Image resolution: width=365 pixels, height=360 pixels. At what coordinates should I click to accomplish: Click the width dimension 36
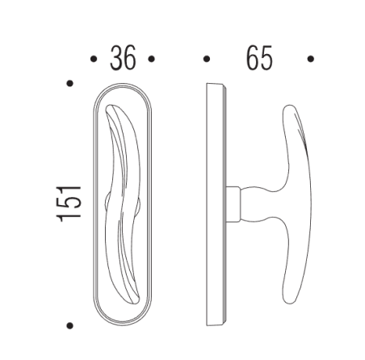[122, 59]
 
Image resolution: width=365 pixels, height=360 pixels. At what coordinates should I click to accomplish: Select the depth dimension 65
[258, 59]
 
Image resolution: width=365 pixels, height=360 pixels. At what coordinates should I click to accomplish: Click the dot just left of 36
[94, 59]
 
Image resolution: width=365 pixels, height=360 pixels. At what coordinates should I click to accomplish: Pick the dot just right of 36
[151, 59]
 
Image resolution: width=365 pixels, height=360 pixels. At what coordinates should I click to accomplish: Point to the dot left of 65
[207, 59]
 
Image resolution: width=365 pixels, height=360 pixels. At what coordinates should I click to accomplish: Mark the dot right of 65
[311, 59]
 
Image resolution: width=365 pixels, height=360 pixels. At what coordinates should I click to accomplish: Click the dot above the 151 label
[71, 82]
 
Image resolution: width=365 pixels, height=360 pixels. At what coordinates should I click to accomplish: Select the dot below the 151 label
[71, 325]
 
